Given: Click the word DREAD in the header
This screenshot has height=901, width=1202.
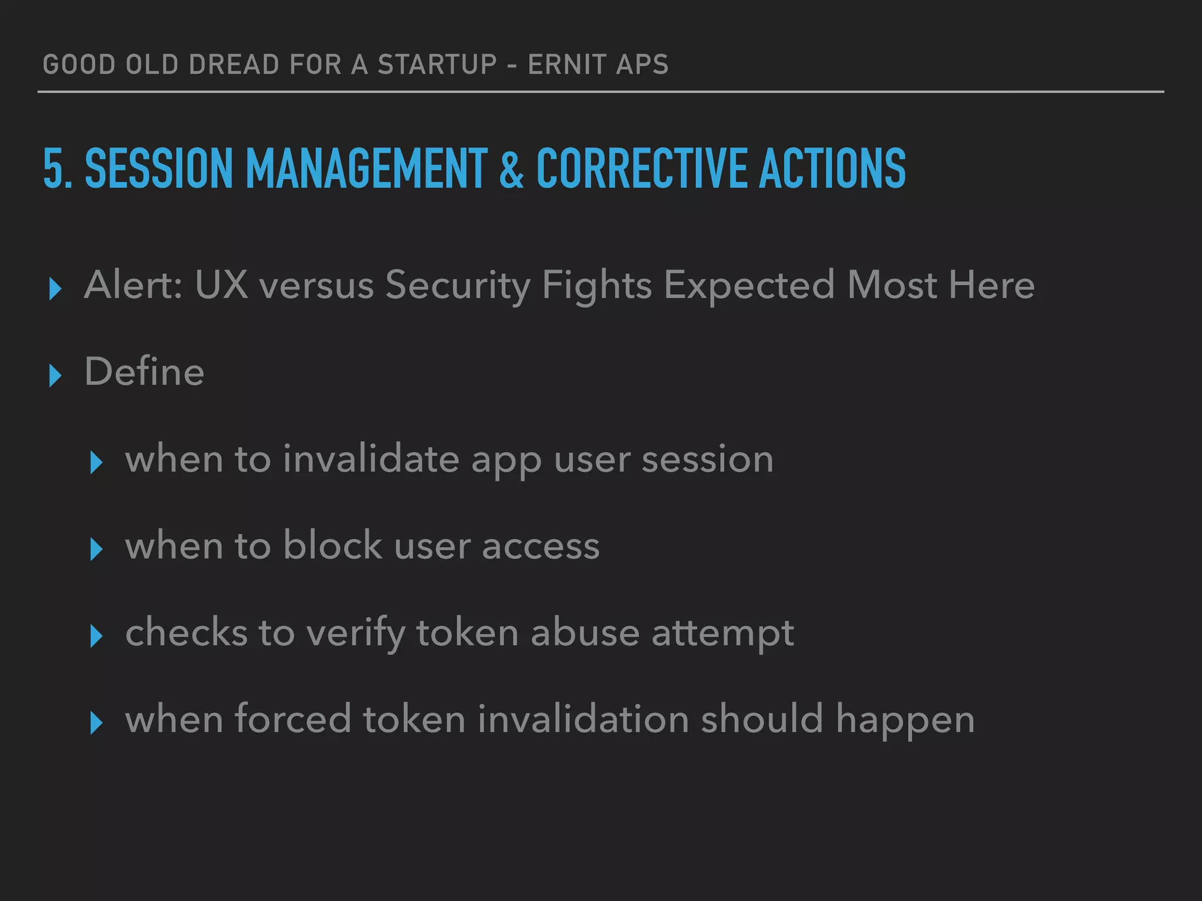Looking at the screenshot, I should pos(233,65).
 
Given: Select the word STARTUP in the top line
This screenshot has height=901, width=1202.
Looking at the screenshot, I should pos(437,65).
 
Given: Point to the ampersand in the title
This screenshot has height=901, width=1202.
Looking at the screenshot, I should pos(511,170).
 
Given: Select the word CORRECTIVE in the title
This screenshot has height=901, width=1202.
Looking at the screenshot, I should pos(641,168).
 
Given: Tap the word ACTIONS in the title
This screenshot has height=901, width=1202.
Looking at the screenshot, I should pos(832,168).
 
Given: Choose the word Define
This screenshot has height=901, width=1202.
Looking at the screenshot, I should pos(144,372).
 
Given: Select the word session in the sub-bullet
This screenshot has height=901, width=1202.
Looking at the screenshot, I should pos(707,459).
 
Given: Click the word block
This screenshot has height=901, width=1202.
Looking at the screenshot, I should pos(333,546).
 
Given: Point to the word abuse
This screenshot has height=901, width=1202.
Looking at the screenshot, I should pos(585,633).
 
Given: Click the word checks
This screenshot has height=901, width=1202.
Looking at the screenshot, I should pos(186,633).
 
